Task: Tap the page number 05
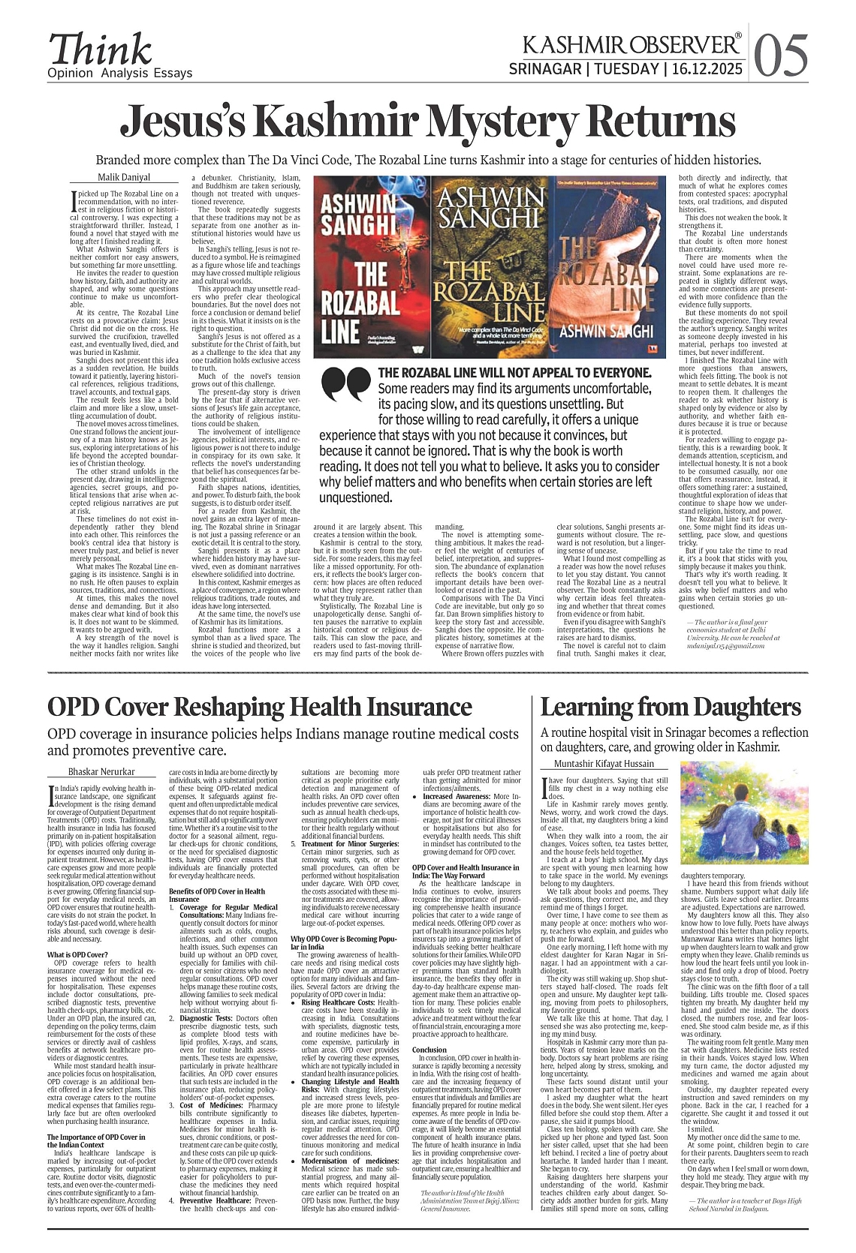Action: pyautogui.click(x=781, y=55)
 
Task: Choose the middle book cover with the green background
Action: pyautogui.click(x=490, y=267)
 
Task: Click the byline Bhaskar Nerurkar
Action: pyautogui.click(x=101, y=771)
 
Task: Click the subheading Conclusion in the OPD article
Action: pyautogui.click(x=430, y=1050)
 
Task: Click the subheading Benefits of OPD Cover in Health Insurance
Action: pyautogui.click(x=216, y=895)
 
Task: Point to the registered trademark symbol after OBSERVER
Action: pyautogui.click(x=738, y=35)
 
